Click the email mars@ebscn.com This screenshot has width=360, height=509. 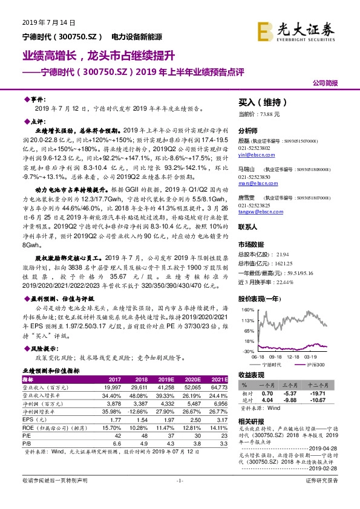tap(252, 181)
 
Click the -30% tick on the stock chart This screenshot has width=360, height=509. tap(247, 351)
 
